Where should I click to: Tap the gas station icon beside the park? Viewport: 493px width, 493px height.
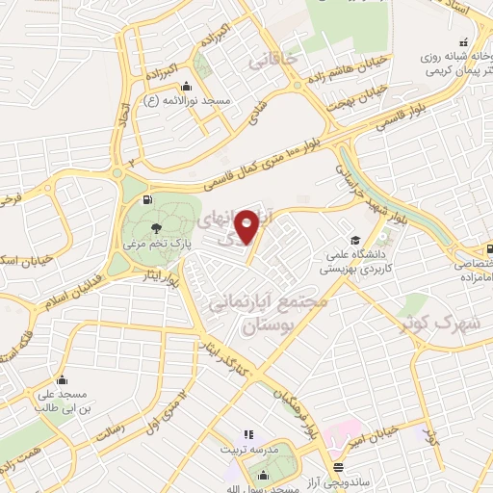click(x=146, y=199)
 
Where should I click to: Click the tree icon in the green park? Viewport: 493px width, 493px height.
click(x=156, y=228)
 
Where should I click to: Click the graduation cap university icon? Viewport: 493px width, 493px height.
click(x=355, y=239)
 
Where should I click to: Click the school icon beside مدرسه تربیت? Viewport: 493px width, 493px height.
click(x=247, y=435)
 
